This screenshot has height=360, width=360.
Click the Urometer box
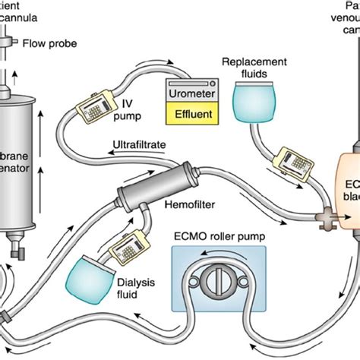pyautogui.click(x=191, y=93)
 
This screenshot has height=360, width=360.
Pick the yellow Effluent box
pyautogui.click(x=191, y=113)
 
